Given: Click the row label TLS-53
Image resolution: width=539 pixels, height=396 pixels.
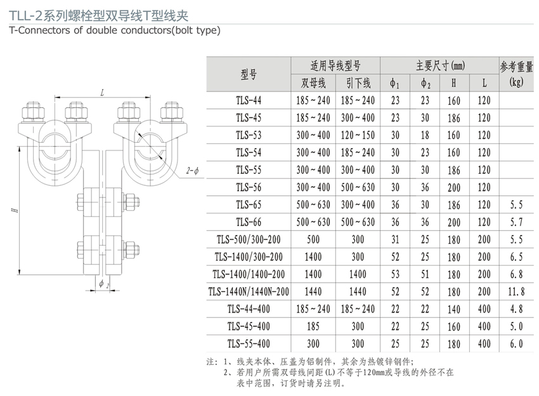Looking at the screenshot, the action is pyautogui.click(x=249, y=135).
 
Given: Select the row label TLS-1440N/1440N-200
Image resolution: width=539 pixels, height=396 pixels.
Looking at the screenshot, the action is pyautogui.click(x=249, y=291).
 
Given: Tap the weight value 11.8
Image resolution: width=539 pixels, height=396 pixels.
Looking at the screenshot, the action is pyautogui.click(x=516, y=292).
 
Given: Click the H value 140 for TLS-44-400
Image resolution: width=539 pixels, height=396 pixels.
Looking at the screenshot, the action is pyautogui.click(x=454, y=309).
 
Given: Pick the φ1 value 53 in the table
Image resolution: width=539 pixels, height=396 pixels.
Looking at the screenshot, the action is pyautogui.click(x=395, y=274).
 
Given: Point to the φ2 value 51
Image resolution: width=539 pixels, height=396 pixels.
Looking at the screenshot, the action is pyautogui.click(x=425, y=274).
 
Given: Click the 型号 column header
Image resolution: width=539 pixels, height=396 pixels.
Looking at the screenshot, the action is pyautogui.click(x=249, y=74).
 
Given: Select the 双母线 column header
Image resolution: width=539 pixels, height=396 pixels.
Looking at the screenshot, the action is pyautogui.click(x=313, y=83).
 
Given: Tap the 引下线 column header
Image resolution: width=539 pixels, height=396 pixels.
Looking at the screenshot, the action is pyautogui.click(x=358, y=83).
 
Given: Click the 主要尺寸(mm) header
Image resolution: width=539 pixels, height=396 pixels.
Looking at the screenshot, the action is pyautogui.click(x=440, y=65).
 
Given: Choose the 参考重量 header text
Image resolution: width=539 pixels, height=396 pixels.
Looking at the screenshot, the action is pyautogui.click(x=516, y=67).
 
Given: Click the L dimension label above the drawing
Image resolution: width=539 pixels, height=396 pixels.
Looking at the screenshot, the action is pyautogui.click(x=102, y=93).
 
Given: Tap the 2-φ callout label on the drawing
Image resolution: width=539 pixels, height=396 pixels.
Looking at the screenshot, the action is pyautogui.click(x=193, y=171).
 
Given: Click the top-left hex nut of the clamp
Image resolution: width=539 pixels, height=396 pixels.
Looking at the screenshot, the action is pyautogui.click(x=33, y=111).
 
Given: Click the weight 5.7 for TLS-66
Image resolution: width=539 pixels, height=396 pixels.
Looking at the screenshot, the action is pyautogui.click(x=516, y=222).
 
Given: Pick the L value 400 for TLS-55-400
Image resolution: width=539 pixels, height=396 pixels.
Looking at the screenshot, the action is pyautogui.click(x=484, y=343).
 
